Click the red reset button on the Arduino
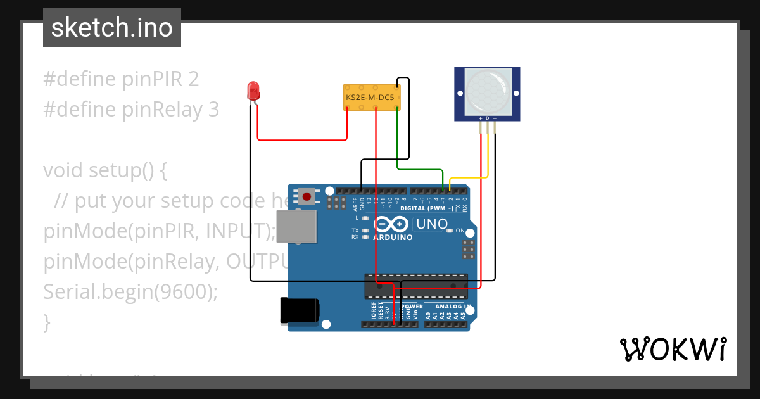pos(307,196)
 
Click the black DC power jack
pos(299,310)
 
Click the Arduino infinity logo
pos(391,224)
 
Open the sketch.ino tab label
pos(112,28)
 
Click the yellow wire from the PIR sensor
pos(469,178)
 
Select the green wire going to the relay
pos(418,169)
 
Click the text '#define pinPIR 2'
pos(121,79)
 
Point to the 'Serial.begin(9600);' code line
pos(130,292)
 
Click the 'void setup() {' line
pos(104,170)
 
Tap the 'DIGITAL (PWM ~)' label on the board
pos(427,208)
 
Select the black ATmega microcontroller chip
pos(415,286)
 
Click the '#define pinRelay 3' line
pos(131,110)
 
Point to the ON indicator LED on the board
pos(450,231)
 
